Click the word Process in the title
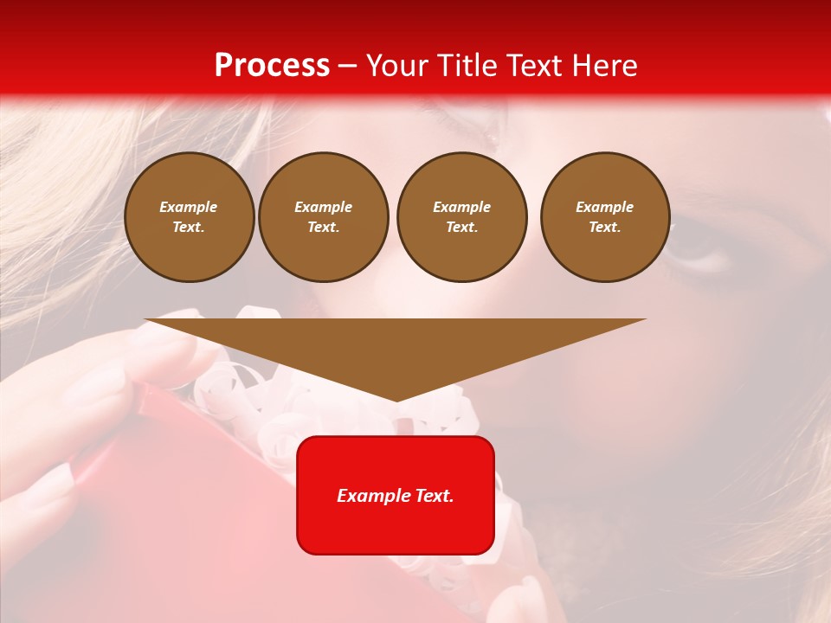(x=272, y=66)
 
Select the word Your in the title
(x=399, y=66)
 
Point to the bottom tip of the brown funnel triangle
(x=396, y=400)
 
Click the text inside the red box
(x=396, y=496)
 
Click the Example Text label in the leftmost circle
(x=189, y=217)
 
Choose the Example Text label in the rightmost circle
(x=605, y=217)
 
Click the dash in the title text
(x=347, y=67)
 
